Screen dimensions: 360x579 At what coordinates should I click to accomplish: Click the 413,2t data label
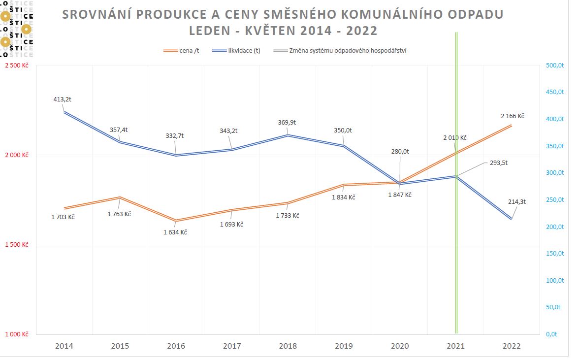[x=63, y=99]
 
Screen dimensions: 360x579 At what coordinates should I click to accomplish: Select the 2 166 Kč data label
[x=513, y=116]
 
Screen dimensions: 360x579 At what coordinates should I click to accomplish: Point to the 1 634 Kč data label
[x=175, y=232]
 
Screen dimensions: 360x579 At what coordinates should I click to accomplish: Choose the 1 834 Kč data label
[x=343, y=197]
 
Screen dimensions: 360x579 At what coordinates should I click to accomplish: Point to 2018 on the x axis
[x=288, y=346]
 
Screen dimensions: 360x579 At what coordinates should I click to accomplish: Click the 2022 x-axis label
[x=511, y=346]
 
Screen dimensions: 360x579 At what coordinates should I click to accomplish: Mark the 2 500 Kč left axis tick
[x=17, y=65]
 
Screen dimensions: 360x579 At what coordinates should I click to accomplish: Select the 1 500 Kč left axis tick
[x=17, y=245]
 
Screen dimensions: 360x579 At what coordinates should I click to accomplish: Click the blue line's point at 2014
[x=64, y=112]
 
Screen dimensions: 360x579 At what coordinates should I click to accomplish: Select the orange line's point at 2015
[x=120, y=197]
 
